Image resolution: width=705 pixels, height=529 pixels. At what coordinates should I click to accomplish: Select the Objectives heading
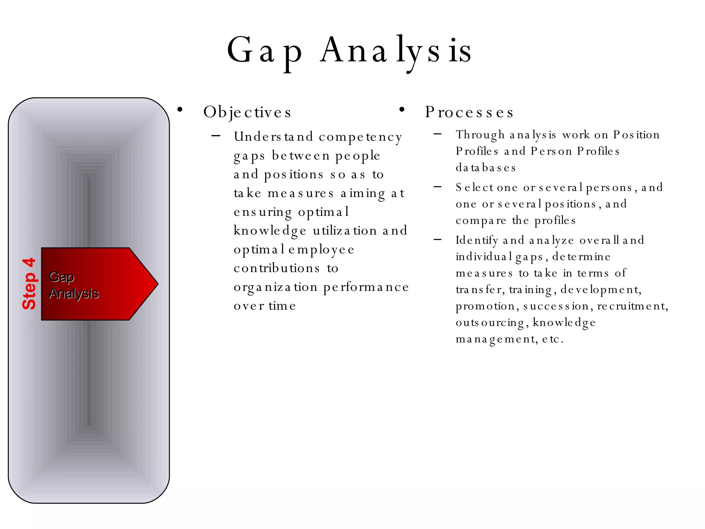pyautogui.click(x=247, y=112)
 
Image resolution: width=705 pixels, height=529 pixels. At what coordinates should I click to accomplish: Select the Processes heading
pyautogui.click(x=469, y=112)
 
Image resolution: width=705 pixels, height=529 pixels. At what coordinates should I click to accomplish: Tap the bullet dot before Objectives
pyautogui.click(x=180, y=110)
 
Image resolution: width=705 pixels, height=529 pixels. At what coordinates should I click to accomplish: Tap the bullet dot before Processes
pyautogui.click(x=401, y=110)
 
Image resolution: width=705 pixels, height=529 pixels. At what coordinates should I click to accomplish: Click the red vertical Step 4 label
pyautogui.click(x=29, y=284)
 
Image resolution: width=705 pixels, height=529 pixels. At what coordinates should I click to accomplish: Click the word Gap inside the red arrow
pyautogui.click(x=62, y=277)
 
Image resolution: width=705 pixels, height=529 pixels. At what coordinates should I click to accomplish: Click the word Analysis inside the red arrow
pyautogui.click(x=74, y=293)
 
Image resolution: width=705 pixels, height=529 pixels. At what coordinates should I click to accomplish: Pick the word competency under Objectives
pyautogui.click(x=360, y=137)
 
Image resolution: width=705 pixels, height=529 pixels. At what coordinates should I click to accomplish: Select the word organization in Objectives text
pyautogui.click(x=275, y=287)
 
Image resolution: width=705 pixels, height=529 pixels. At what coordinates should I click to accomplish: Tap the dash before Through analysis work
pyautogui.click(x=438, y=134)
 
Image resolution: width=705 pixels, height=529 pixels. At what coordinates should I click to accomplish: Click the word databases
pyautogui.click(x=486, y=168)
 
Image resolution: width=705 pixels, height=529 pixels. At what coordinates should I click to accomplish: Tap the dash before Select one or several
pyautogui.click(x=438, y=187)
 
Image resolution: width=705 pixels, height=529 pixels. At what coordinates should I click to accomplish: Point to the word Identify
pyautogui.click(x=477, y=240)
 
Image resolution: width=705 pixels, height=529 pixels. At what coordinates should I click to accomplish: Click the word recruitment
pyautogui.click(x=632, y=306)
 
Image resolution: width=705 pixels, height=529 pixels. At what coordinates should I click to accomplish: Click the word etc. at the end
pyautogui.click(x=553, y=339)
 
